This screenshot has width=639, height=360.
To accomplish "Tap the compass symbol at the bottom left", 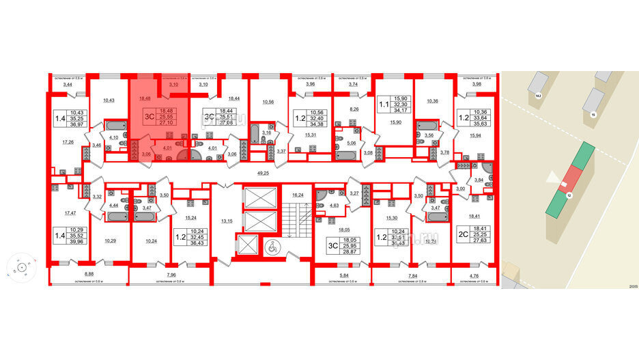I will click(21, 268).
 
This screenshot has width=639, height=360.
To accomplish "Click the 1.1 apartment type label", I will click(384, 105).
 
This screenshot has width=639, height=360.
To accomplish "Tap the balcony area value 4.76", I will click(474, 275).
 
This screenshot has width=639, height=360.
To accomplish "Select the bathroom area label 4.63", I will click(335, 204).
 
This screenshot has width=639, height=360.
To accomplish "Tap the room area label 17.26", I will click(68, 142).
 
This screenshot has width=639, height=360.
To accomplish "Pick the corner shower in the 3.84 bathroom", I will click(487, 167).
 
